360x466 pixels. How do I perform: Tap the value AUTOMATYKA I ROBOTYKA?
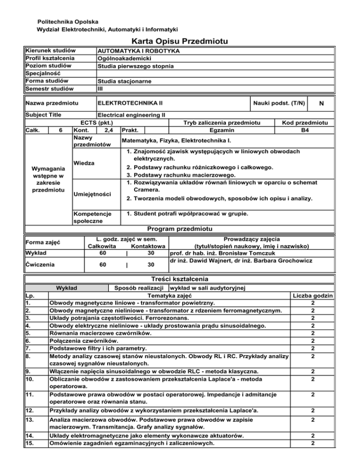point(138,50)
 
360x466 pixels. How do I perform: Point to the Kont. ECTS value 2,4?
point(107,129)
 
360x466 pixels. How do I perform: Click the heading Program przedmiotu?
point(180,229)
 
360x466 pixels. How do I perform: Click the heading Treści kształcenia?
point(180,278)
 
